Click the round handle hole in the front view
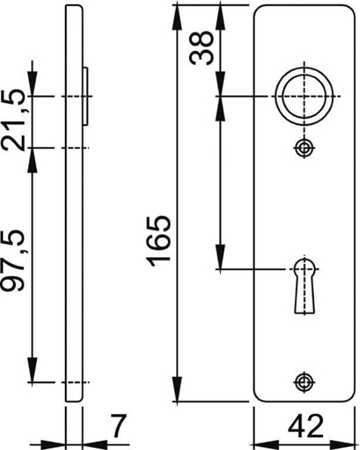(x=303, y=97)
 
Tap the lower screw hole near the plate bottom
(x=304, y=381)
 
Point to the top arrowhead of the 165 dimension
(x=176, y=11)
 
